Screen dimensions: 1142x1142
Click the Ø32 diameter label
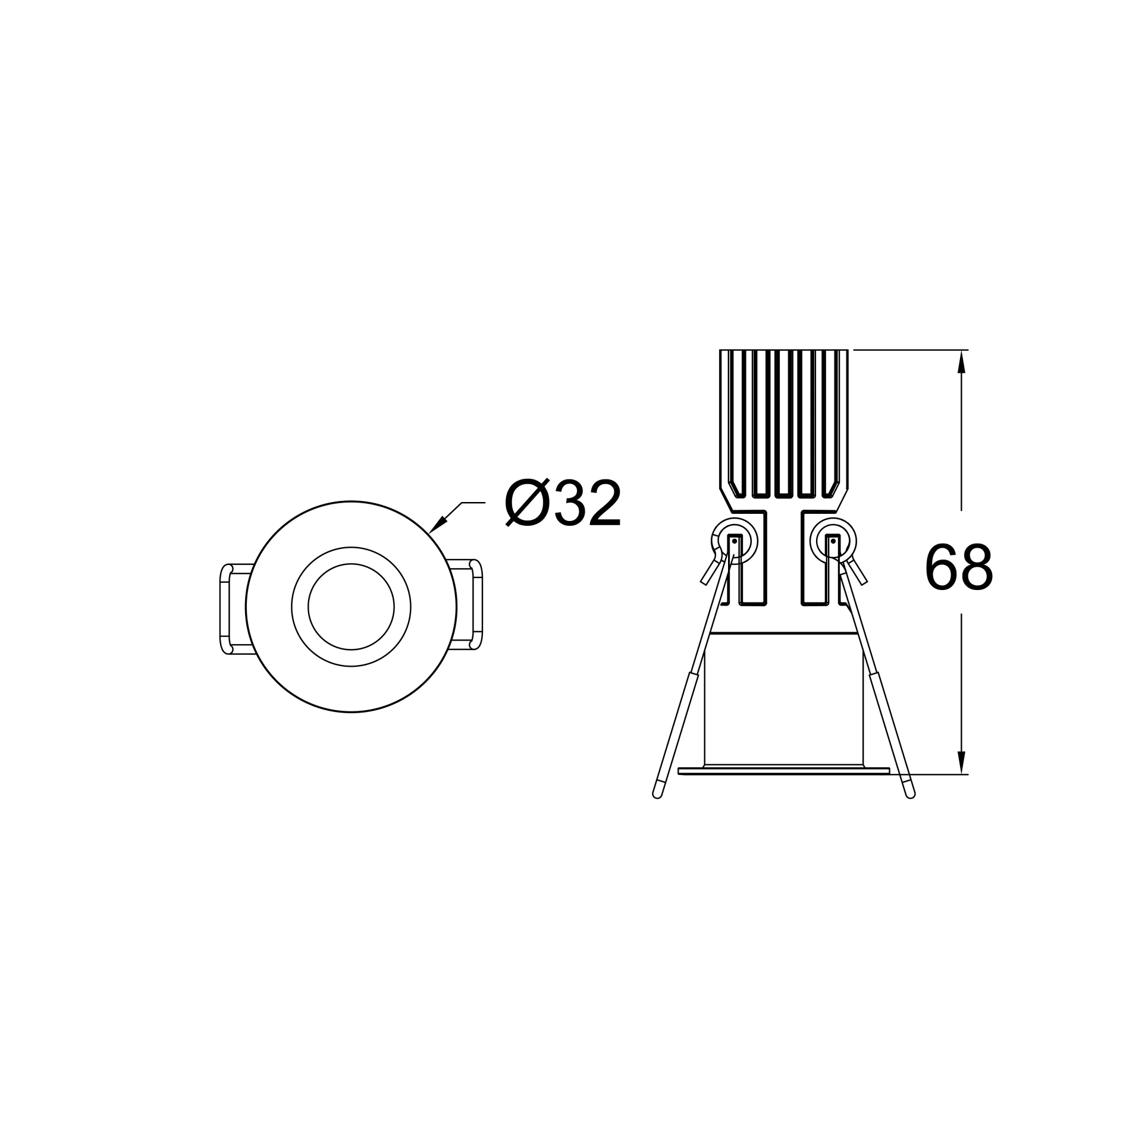(563, 503)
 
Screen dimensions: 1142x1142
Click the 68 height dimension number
(959, 567)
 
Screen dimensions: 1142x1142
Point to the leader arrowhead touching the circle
(438, 525)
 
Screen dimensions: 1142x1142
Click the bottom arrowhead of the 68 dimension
(961, 763)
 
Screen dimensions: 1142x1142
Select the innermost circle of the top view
(351, 563)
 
